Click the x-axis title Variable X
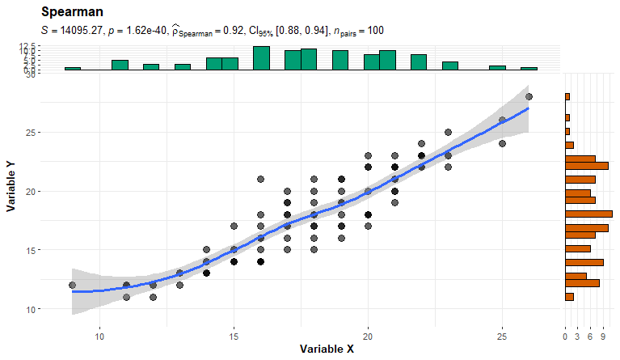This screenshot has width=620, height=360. point(327,349)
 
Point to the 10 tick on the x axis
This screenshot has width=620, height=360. point(99,336)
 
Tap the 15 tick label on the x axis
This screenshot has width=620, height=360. point(234,336)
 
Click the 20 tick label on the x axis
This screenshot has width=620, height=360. point(368,336)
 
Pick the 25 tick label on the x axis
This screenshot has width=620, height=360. point(502,336)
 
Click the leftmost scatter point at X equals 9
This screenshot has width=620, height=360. point(73,286)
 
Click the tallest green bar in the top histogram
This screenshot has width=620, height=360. point(261,58)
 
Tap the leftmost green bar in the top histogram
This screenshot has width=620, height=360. point(73,69)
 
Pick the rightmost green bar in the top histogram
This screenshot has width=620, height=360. point(529,69)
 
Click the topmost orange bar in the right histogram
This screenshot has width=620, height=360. point(567,97)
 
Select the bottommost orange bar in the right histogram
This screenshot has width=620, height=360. point(569,297)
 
